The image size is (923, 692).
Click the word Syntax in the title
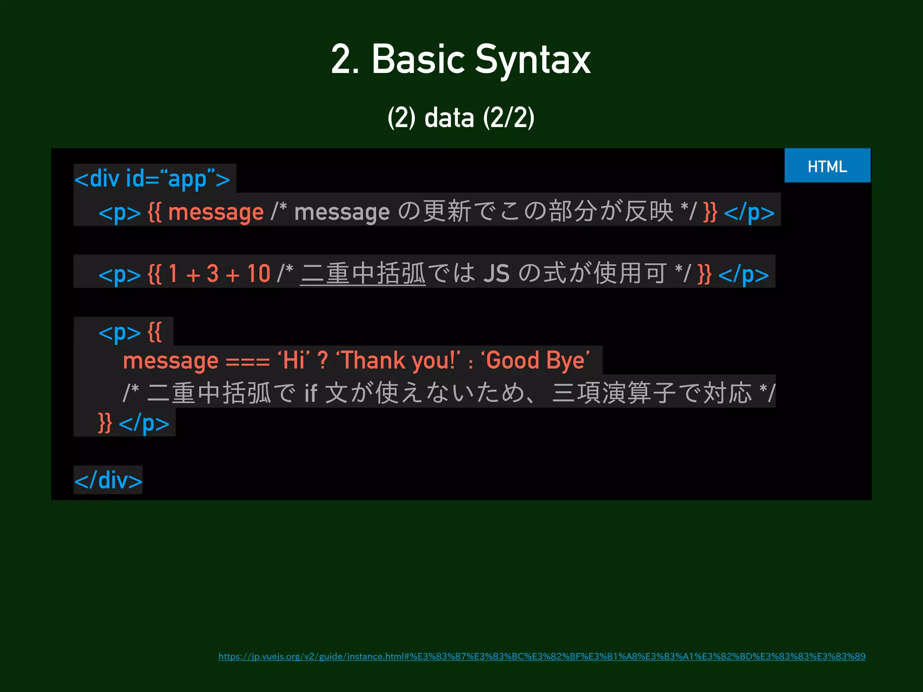click(x=533, y=60)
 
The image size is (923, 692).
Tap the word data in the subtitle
click(x=449, y=118)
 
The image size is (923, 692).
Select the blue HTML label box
click(x=827, y=166)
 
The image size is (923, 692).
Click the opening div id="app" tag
click(x=152, y=179)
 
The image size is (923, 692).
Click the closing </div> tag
click(x=108, y=480)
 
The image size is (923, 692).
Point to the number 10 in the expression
click(x=259, y=273)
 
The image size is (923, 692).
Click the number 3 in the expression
click(x=213, y=273)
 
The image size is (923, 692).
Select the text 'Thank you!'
click(x=398, y=361)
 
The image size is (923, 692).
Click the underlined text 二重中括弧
click(x=363, y=273)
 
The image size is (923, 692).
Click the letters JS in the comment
click(x=496, y=273)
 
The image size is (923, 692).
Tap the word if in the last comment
click(x=311, y=393)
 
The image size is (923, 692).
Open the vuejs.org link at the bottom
click(x=542, y=656)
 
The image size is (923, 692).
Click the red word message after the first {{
click(x=215, y=212)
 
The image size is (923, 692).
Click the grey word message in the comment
click(x=342, y=212)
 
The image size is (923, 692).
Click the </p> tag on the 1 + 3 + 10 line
click(x=743, y=274)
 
